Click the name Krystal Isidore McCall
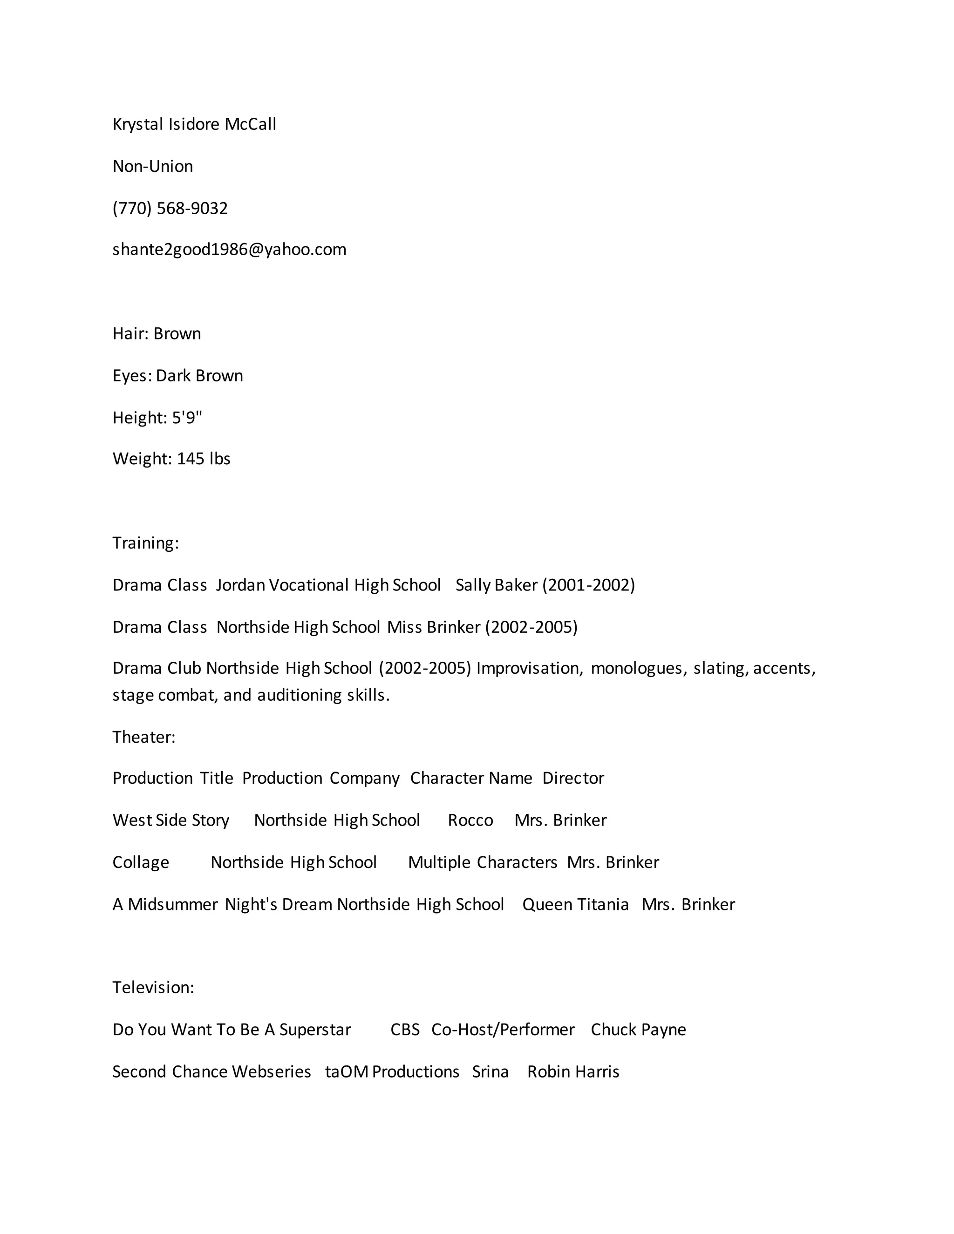pyautogui.click(x=194, y=124)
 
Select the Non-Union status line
pyautogui.click(x=153, y=166)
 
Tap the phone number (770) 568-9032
pyautogui.click(x=170, y=208)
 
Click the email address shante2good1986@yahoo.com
pyautogui.click(x=230, y=249)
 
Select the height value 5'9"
pyautogui.click(x=187, y=418)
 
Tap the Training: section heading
pyautogui.click(x=146, y=542)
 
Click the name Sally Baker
pyautogui.click(x=496, y=585)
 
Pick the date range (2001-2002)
pyautogui.click(x=589, y=585)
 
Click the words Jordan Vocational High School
pyautogui.click(x=328, y=585)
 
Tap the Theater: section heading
pyautogui.click(x=144, y=737)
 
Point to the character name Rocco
pyautogui.click(x=470, y=820)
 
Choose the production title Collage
pyautogui.click(x=141, y=862)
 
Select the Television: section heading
pyautogui.click(x=153, y=987)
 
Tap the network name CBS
pyautogui.click(x=405, y=1030)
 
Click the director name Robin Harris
pyautogui.click(x=573, y=1071)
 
